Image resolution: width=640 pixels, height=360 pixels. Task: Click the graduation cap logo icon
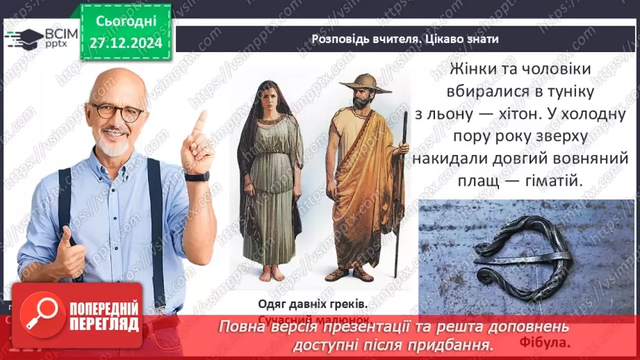point(23,38)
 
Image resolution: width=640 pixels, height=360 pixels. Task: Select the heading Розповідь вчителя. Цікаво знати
point(405,39)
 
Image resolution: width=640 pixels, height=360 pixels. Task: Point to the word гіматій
point(549,180)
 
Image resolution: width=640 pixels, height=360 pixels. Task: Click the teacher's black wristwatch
point(197,177)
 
